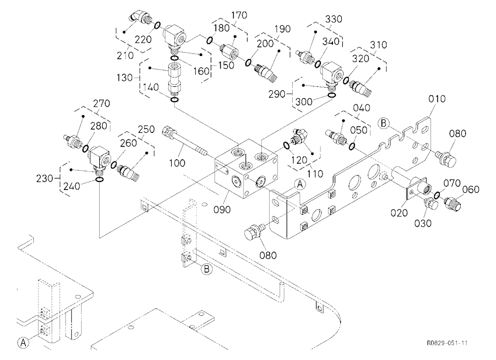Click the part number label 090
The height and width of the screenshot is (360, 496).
click(x=222, y=209)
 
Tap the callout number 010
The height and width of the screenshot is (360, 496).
click(x=437, y=99)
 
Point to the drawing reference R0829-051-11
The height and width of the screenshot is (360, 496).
click(x=447, y=343)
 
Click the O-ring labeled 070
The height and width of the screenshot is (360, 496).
click(x=437, y=195)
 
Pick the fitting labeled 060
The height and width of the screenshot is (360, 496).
click(x=452, y=202)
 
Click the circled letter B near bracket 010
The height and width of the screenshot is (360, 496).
click(x=384, y=123)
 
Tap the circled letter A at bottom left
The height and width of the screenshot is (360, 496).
click(x=23, y=342)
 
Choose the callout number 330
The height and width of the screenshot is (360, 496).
click(x=334, y=19)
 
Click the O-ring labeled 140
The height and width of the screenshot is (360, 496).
click(x=174, y=100)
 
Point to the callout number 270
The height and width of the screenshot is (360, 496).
click(x=102, y=104)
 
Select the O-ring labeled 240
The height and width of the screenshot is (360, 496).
click(x=99, y=180)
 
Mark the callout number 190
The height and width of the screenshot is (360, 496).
click(x=282, y=29)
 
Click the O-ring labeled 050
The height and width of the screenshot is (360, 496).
click(x=352, y=146)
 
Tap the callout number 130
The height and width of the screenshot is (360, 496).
click(x=125, y=77)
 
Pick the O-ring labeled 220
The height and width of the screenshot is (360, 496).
click(x=158, y=25)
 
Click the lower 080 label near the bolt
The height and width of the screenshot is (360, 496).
click(x=268, y=255)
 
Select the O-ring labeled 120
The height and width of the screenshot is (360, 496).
click(x=286, y=145)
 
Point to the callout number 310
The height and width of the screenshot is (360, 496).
click(x=378, y=45)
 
